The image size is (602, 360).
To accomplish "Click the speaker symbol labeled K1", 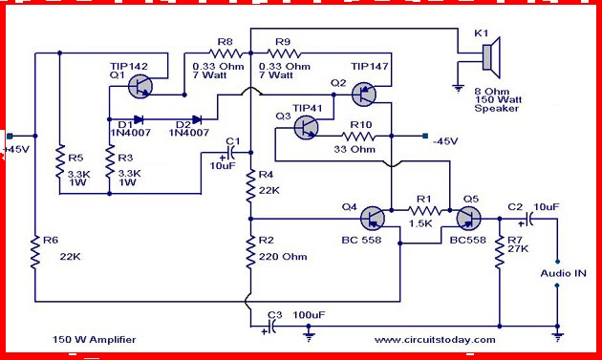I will point(487,59).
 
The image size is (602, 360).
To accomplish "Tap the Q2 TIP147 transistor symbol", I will point(365,94).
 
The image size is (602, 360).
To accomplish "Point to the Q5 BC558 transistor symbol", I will point(466,219).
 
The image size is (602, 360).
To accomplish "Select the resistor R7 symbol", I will point(499,251).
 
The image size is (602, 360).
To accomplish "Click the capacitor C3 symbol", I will point(270,326).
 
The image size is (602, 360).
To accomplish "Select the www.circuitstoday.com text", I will point(435,340).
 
